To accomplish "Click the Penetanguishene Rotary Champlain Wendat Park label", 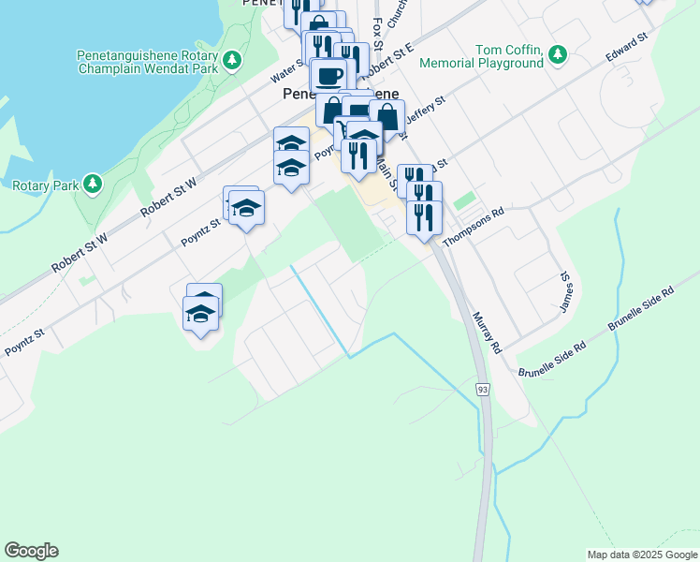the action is (x=148, y=62).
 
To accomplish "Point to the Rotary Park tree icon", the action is (x=92, y=184).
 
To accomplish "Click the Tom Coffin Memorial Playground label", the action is (x=482, y=56).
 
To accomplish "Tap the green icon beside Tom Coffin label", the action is (x=559, y=52).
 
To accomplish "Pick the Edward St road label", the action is (x=626, y=49).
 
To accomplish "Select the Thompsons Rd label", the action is (x=474, y=226).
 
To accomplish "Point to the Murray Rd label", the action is (x=488, y=333).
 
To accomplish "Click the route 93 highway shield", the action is (x=483, y=389).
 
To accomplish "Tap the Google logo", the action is (x=31, y=551).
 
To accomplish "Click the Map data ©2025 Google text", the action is (x=641, y=555).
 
